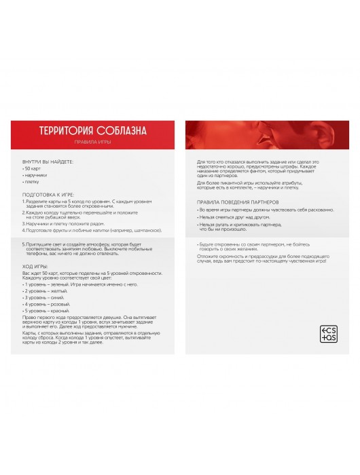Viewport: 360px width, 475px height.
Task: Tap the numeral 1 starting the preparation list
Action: point(23,202)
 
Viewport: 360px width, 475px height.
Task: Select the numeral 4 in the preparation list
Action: point(23,231)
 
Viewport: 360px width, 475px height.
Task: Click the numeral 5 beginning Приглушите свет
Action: point(23,243)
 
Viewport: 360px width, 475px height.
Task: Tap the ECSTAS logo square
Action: point(328,333)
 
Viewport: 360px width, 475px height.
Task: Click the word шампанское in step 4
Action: point(149,231)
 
